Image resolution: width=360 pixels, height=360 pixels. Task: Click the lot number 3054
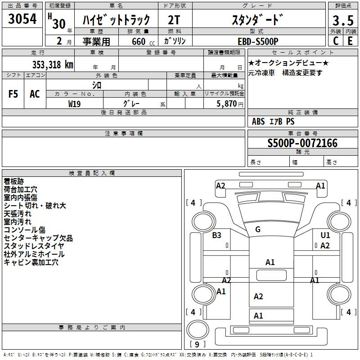pos(22,19)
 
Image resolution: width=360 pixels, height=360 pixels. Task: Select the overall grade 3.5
pos(343,20)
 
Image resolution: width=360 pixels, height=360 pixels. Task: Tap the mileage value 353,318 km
pos(53,64)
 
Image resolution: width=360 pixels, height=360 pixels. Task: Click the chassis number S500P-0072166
pos(302,143)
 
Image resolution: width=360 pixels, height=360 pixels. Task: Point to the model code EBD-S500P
pos(258,41)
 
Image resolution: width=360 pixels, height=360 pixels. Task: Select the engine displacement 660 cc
pos(143,42)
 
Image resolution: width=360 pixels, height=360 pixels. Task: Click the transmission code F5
pos(13,94)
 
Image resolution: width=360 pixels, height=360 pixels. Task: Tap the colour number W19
pos(74,104)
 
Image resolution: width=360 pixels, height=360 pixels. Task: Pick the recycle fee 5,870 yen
pos(229,104)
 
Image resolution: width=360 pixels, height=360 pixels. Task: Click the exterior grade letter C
pos(336,41)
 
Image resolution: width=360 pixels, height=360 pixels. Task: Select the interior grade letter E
pos(350,41)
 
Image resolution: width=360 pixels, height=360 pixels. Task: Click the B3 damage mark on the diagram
pos(216,235)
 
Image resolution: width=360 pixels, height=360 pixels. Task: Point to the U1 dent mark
pos(325,235)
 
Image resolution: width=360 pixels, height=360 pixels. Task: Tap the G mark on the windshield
pos(258,229)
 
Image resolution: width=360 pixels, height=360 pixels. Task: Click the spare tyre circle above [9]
pos(198,329)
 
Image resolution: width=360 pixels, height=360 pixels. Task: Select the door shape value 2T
pos(174,20)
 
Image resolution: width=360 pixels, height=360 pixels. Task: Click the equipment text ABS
pos(258,121)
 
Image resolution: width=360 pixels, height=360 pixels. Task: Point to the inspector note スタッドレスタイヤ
pos(34,246)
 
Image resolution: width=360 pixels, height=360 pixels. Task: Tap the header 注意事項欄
pos(124,133)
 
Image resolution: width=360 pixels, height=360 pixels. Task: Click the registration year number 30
pos(59,23)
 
